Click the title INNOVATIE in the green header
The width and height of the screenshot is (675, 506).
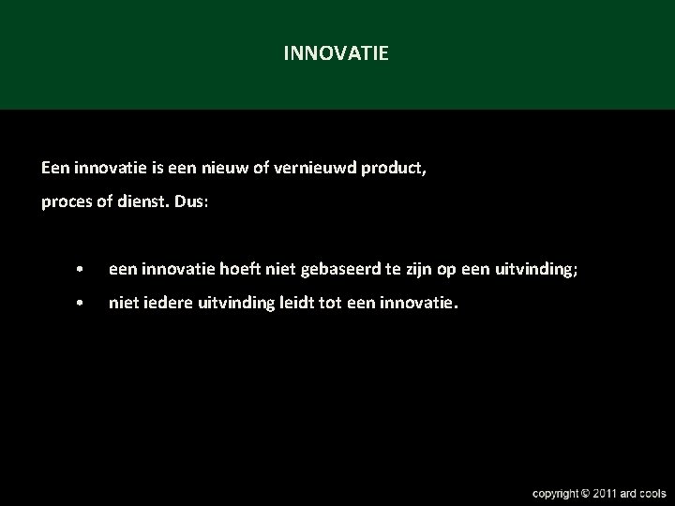point(336,54)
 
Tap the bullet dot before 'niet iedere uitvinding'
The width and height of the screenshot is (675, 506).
point(83,305)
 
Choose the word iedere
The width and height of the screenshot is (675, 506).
point(163,304)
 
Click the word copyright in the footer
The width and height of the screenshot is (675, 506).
point(555,493)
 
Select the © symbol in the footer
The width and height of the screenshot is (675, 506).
point(585,493)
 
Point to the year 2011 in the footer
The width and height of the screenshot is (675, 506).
point(606,493)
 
